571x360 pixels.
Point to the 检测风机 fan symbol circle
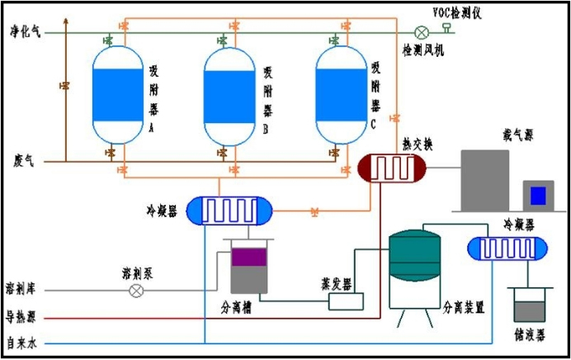pyautogui.click(x=422, y=32)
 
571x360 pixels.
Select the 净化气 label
pyautogui.click(x=24, y=31)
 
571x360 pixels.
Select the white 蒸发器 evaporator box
pyautogui.click(x=345, y=301)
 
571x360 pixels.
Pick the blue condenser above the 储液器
pyautogui.click(x=507, y=248)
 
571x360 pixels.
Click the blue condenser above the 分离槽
pyautogui.click(x=229, y=211)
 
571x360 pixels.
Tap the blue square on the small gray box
pyautogui.click(x=537, y=196)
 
